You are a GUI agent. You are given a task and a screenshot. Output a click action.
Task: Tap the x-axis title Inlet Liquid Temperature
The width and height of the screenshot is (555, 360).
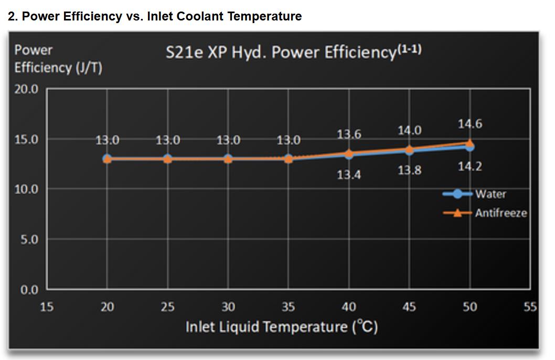tap(282, 326)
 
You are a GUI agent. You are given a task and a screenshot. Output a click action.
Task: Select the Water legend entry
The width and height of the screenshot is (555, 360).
tap(490, 194)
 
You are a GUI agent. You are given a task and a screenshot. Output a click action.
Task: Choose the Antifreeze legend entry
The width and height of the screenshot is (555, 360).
tap(500, 213)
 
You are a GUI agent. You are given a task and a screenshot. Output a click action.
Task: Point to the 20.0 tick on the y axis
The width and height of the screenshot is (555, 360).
tap(26, 89)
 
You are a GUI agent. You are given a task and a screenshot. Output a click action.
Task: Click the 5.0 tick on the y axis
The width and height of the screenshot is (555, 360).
tap(29, 240)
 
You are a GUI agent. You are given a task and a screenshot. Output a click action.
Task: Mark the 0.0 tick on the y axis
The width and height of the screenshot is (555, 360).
tap(29, 290)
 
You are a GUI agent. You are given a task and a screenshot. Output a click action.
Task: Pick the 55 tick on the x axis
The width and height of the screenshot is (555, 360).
tap(530, 307)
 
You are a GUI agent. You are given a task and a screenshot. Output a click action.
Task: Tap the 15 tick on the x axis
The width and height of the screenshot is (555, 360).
tap(47, 307)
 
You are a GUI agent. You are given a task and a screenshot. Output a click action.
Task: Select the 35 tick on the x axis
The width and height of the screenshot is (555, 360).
tap(288, 307)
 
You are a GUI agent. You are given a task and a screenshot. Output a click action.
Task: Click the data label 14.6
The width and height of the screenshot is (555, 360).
tap(469, 124)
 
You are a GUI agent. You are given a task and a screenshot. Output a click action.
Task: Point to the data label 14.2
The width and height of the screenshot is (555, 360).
tap(469, 167)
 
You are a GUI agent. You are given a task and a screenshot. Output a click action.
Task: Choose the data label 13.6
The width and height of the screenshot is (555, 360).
tap(349, 134)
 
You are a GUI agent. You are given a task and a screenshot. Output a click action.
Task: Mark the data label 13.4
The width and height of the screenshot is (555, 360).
tap(349, 175)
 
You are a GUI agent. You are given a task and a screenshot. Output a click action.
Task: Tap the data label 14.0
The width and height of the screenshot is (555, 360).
tap(409, 130)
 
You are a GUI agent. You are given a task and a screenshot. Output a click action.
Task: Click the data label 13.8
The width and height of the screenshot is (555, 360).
tap(409, 171)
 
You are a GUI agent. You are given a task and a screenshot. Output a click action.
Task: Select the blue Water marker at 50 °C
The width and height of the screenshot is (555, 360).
tap(469, 147)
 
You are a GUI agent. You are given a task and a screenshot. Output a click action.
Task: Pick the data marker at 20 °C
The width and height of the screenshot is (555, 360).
tap(107, 158)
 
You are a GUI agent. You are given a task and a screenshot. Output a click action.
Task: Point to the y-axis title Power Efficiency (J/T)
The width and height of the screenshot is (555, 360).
tap(58, 59)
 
